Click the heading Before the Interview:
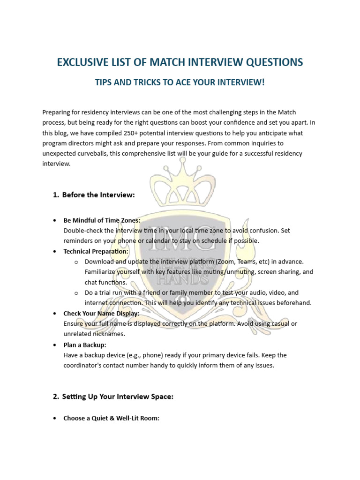98,195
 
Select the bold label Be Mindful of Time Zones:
102,220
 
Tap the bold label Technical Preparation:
96,251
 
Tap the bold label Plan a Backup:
85,345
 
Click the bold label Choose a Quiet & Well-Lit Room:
112,418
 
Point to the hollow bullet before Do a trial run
76,293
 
